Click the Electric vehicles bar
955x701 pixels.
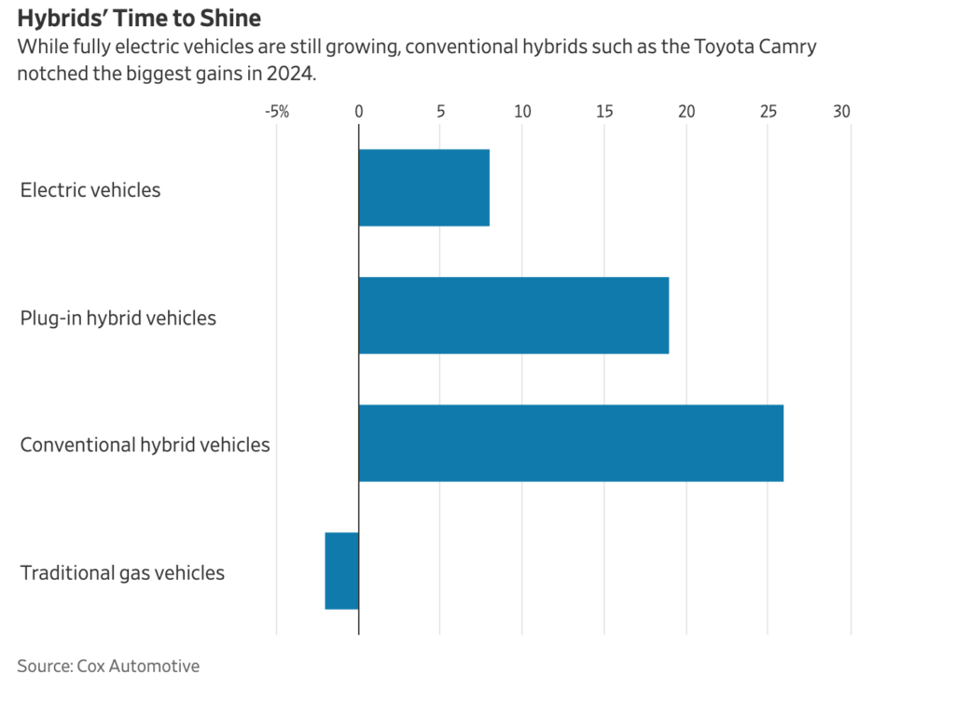click(423, 187)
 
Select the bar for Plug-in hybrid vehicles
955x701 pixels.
click(513, 315)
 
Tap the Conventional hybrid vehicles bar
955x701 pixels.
click(571, 443)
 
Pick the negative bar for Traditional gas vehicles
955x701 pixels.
click(341, 570)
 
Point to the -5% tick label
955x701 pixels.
click(276, 112)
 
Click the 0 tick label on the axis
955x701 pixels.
click(359, 112)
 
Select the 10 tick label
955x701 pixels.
click(522, 112)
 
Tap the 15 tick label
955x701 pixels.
click(604, 112)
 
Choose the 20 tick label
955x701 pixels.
click(686, 112)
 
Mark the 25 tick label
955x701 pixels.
click(768, 112)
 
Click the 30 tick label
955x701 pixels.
click(842, 112)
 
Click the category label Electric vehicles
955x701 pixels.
click(90, 190)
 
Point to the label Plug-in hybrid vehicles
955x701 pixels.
click(118, 318)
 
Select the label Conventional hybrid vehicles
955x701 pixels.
click(145, 445)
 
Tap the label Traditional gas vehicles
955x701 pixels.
click(122, 572)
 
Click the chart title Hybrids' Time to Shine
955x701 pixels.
click(139, 19)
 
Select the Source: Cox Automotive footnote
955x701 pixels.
click(108, 666)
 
